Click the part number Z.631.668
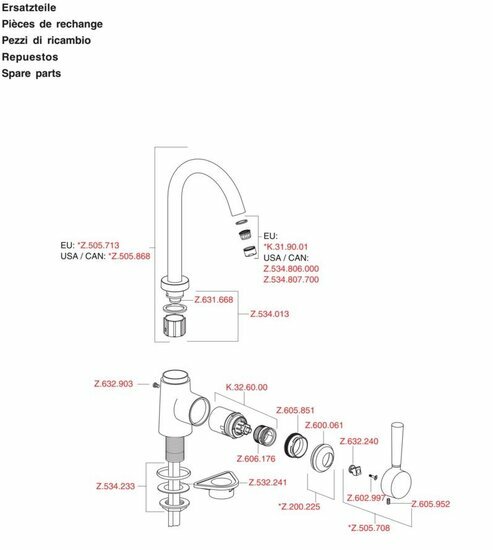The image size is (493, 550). (x=214, y=300)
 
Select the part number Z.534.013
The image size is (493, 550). (x=269, y=314)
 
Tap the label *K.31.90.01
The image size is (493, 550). (x=286, y=247)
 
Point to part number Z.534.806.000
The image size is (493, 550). (x=291, y=269)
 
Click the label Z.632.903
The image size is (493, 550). (x=114, y=384)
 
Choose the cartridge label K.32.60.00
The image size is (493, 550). (x=247, y=387)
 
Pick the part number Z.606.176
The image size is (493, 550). (x=256, y=459)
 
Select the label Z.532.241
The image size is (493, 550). (x=268, y=483)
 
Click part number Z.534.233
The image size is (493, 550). (x=115, y=487)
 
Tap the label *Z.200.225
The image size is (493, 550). (x=299, y=507)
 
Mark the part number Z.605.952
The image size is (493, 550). (x=431, y=504)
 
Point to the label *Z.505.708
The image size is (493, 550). (x=369, y=528)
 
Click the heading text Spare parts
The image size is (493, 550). (x=31, y=74)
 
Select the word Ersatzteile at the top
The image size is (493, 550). (x=29, y=7)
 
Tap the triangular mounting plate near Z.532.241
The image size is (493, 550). (x=216, y=482)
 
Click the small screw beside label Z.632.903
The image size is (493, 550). (x=156, y=385)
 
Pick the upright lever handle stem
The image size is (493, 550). (x=397, y=445)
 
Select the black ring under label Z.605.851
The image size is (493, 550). (x=296, y=445)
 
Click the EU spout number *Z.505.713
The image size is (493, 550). (x=98, y=245)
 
